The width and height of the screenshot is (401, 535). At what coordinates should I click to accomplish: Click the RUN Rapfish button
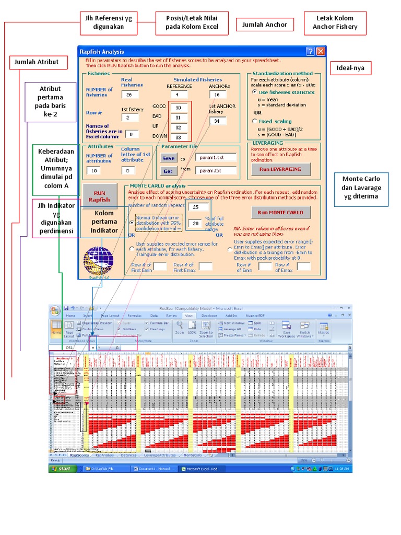tap(99, 196)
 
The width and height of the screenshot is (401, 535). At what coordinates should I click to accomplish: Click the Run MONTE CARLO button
tap(281, 212)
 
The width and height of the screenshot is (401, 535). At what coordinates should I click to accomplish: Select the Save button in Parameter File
tap(168, 158)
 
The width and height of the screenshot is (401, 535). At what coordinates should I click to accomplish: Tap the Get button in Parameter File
tap(168, 171)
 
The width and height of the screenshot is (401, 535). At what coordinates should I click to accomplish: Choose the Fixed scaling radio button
tap(254, 121)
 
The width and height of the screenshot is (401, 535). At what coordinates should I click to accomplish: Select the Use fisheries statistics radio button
tap(254, 92)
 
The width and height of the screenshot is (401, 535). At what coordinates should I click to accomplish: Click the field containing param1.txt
tap(216, 157)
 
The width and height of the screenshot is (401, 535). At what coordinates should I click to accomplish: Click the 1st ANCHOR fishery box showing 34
tap(217, 121)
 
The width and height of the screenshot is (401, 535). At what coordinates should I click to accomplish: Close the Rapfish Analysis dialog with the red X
tap(320, 51)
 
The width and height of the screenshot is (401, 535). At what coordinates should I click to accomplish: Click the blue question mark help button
tap(310, 51)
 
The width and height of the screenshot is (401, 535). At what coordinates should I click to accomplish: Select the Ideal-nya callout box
tap(350, 68)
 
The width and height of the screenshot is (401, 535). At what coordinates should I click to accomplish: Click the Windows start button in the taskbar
tap(62, 469)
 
